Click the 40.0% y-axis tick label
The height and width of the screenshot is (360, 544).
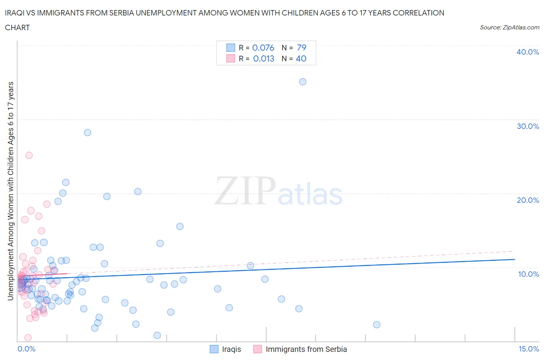528,52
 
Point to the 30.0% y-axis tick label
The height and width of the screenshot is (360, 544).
528,126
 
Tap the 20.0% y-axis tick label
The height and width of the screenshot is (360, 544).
528,200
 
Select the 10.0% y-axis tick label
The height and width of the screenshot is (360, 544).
528,274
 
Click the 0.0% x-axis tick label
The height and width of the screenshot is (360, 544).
26,349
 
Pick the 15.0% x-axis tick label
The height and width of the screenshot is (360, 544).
529,349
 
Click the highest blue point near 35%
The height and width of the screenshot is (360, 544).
303,82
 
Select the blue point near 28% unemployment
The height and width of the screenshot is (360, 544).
87,132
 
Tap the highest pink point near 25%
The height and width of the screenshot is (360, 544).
29,155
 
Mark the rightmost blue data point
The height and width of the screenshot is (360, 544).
376,324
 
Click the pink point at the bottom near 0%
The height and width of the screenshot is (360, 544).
28,338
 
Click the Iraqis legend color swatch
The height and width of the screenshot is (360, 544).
214,349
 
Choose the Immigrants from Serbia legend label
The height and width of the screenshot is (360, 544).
306,349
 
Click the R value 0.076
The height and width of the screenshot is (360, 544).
263,48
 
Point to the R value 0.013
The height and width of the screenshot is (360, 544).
263,58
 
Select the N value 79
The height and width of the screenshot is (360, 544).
301,48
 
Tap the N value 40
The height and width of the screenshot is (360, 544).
301,58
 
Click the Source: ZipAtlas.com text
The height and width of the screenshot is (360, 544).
509,27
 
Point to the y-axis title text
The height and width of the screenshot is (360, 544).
10,191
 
